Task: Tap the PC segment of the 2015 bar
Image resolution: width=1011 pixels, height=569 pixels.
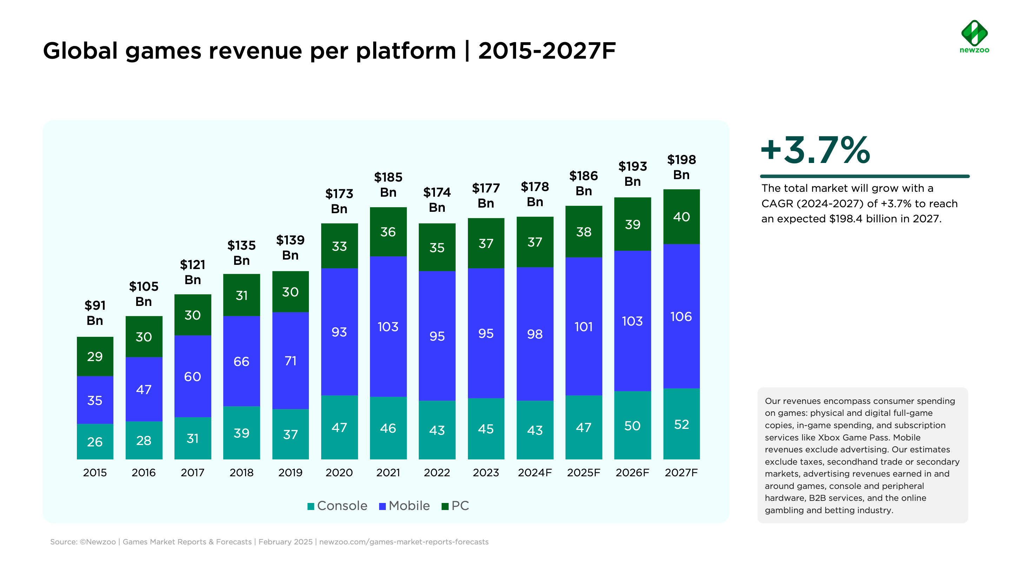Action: point(95,356)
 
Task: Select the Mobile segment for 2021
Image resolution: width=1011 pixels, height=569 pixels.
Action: point(388,326)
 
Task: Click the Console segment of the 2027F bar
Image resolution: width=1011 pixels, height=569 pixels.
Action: point(681,424)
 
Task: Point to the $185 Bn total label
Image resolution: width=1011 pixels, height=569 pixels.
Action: point(388,184)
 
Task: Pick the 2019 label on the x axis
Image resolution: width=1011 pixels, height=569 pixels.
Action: point(290,472)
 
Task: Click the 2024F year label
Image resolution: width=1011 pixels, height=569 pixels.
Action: point(535,472)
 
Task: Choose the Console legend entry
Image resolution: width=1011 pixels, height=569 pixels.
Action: point(337,506)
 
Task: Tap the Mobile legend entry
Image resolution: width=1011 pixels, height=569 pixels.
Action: point(405,506)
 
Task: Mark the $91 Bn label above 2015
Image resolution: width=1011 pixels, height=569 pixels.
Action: point(95,313)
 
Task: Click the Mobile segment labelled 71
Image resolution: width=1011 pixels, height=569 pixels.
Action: point(290,360)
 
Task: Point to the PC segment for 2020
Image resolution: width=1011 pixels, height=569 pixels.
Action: point(339,246)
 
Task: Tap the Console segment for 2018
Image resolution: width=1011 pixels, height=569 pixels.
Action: point(242,433)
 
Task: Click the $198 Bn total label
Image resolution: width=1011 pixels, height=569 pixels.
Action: point(681,167)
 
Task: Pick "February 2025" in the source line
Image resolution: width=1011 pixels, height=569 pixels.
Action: point(285,542)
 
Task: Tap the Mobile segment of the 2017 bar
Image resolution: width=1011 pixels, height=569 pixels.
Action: point(193,376)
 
